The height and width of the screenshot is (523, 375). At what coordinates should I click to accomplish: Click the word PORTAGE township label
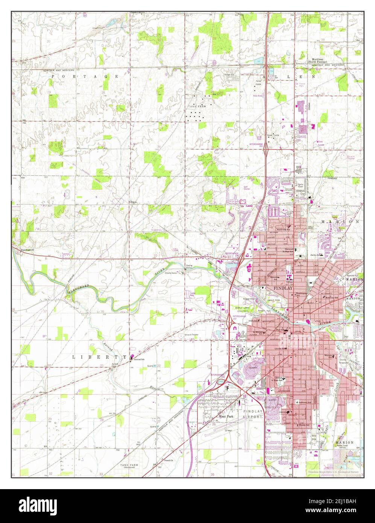[x=85, y=76]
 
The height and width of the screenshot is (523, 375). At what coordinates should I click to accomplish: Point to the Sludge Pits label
[x=229, y=74]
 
